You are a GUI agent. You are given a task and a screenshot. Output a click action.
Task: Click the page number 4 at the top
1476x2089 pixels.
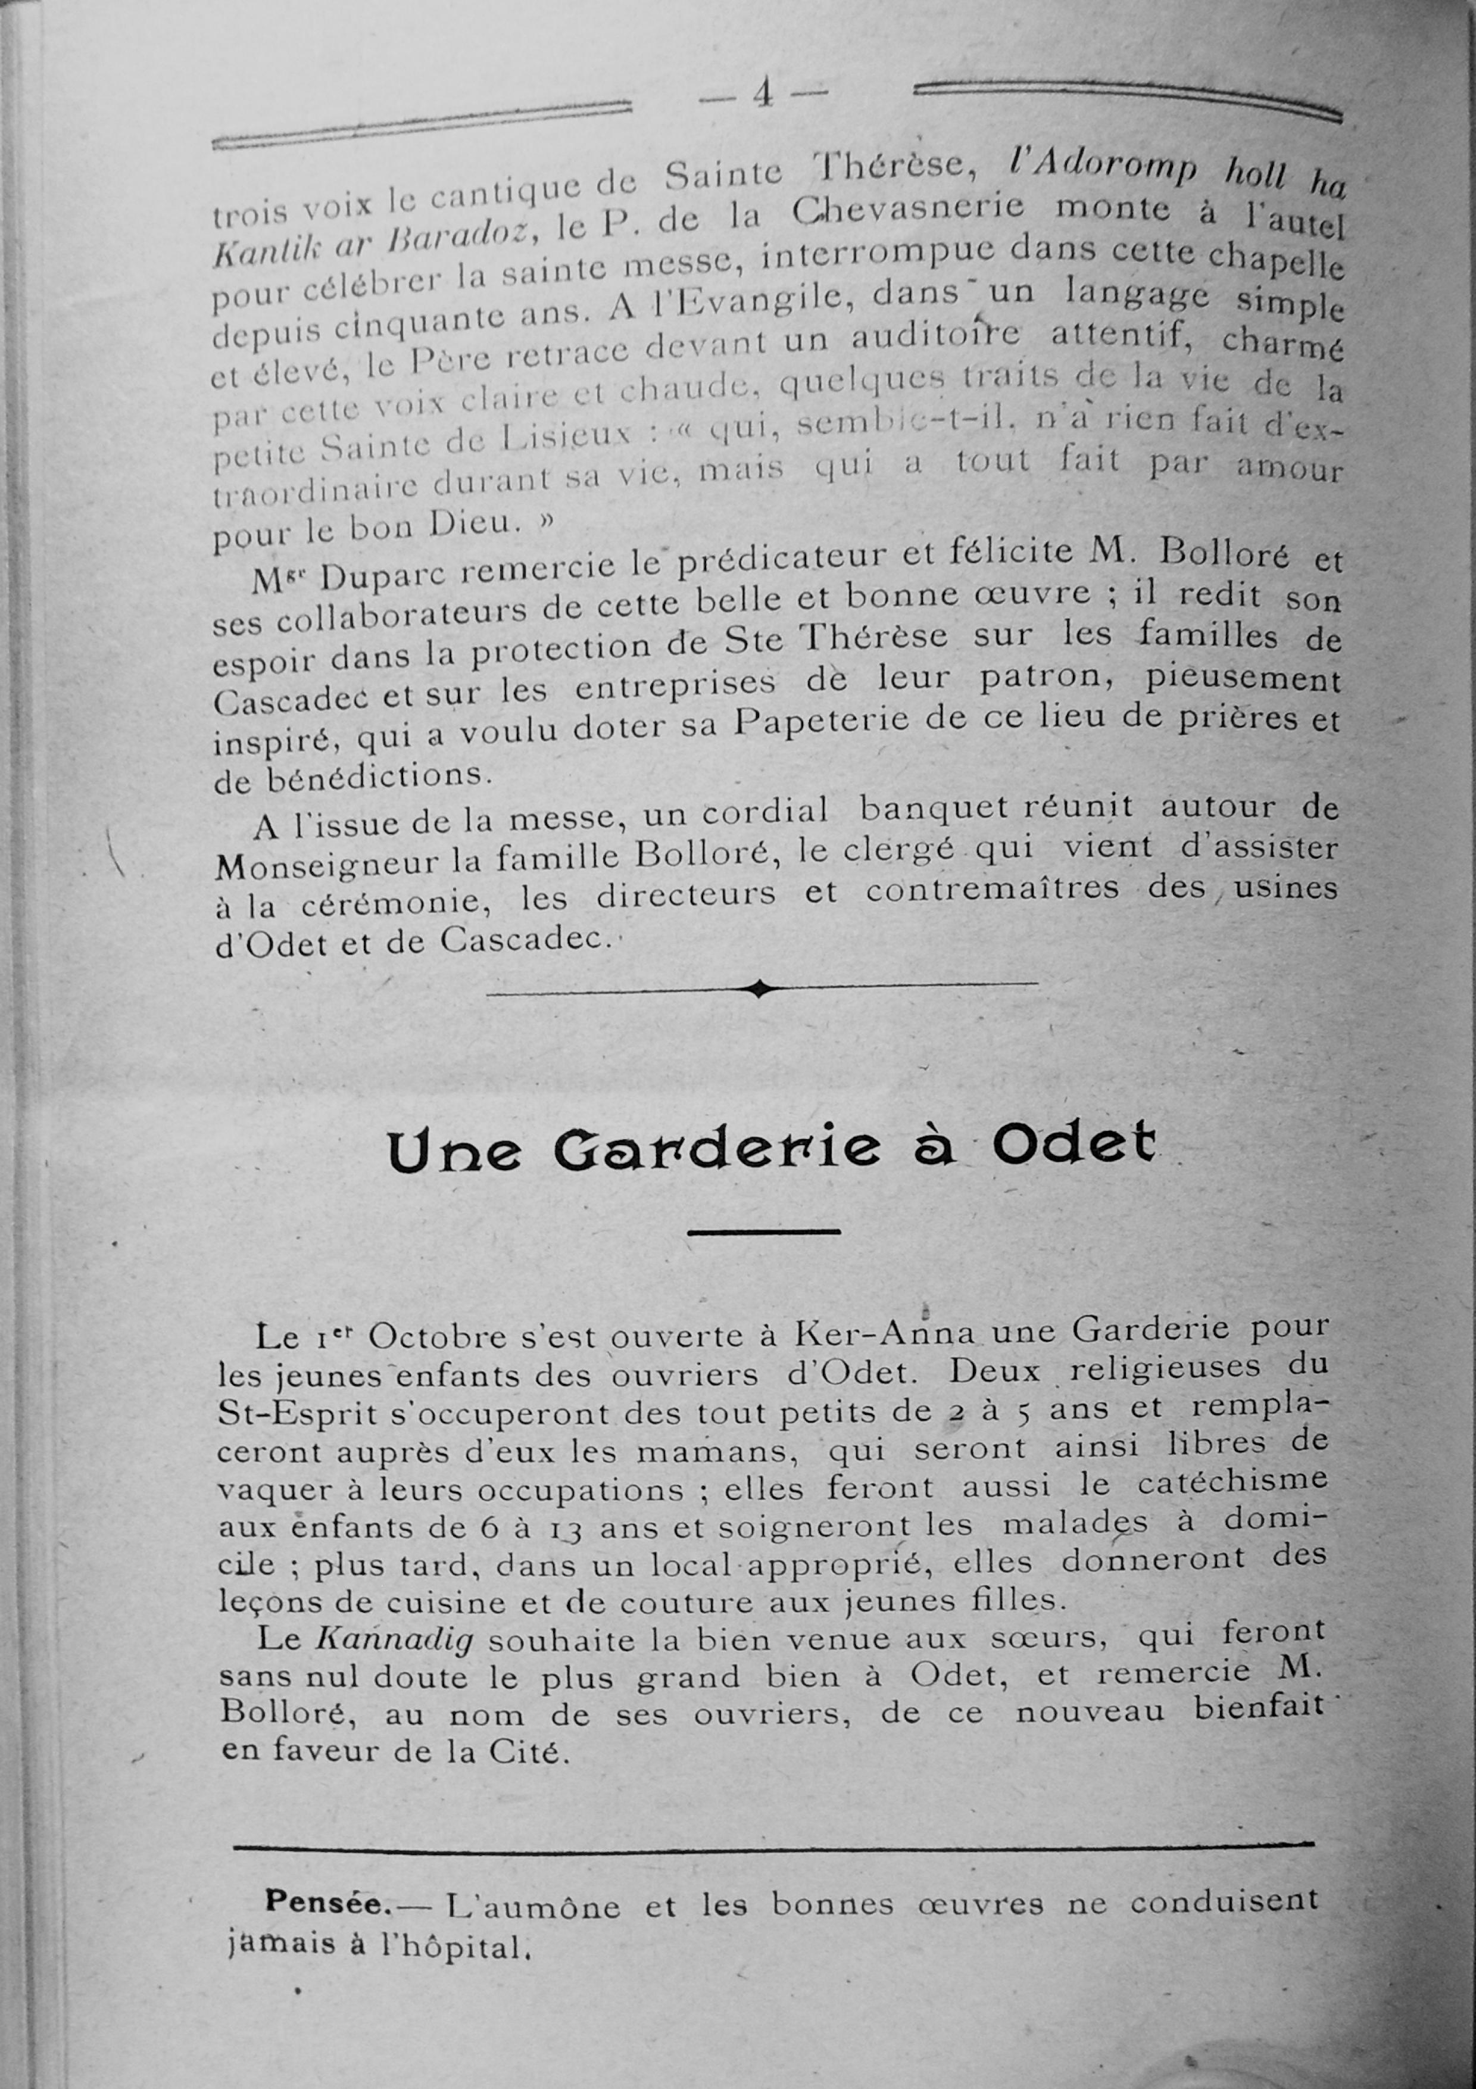point(762,93)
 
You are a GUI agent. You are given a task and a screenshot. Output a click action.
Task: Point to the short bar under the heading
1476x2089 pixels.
point(763,1232)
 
